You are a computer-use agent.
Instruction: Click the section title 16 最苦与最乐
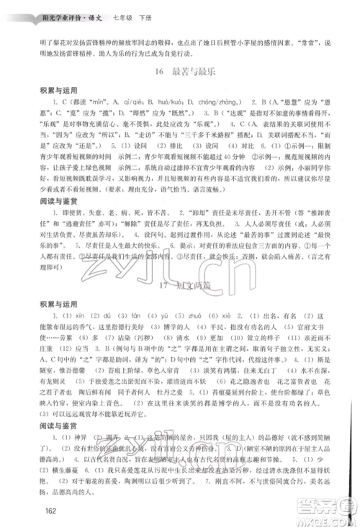(x=180, y=72)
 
